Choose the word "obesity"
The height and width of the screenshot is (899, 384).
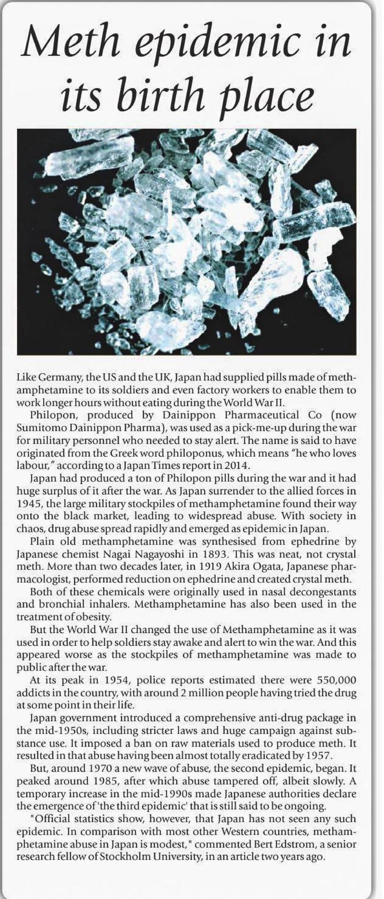94,617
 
